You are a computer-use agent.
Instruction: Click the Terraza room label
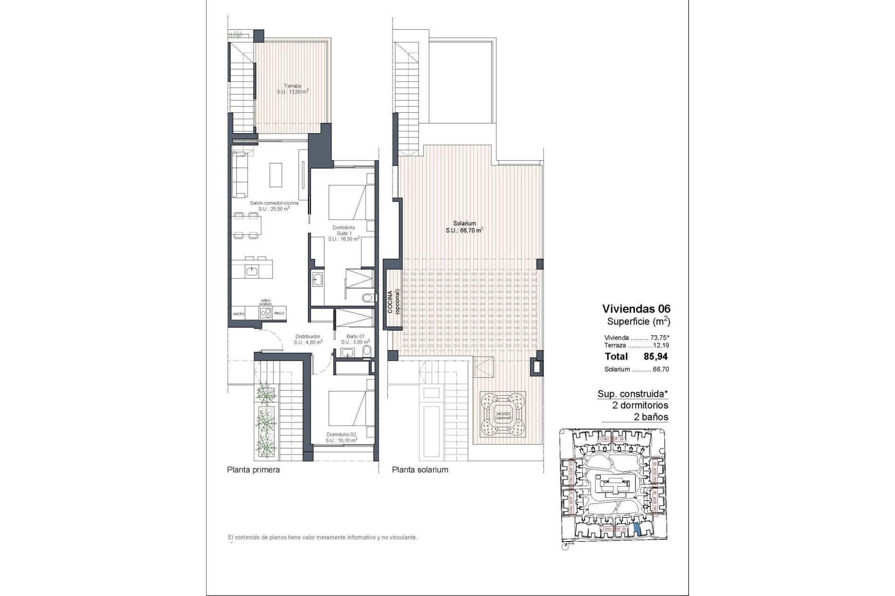pos(292,86)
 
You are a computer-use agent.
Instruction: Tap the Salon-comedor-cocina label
pos(274,203)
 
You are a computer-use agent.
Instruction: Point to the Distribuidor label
pos(308,336)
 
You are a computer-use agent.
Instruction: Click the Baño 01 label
pos(355,336)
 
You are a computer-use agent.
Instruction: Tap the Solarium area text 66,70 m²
pos(464,230)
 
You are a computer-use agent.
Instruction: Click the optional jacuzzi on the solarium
pos(503,413)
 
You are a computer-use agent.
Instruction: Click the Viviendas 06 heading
pos(636,308)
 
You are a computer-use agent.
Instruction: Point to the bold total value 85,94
pos(655,357)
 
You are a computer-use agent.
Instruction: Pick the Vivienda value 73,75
pos(657,338)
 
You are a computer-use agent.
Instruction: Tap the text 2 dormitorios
pos(640,405)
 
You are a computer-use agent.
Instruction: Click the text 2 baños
pos(651,417)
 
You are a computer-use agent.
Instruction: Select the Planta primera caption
pos(253,470)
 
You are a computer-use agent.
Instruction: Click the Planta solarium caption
pos(420,470)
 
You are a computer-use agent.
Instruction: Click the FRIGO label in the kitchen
pos(279,314)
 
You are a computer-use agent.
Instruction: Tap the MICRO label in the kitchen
pos(239,314)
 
